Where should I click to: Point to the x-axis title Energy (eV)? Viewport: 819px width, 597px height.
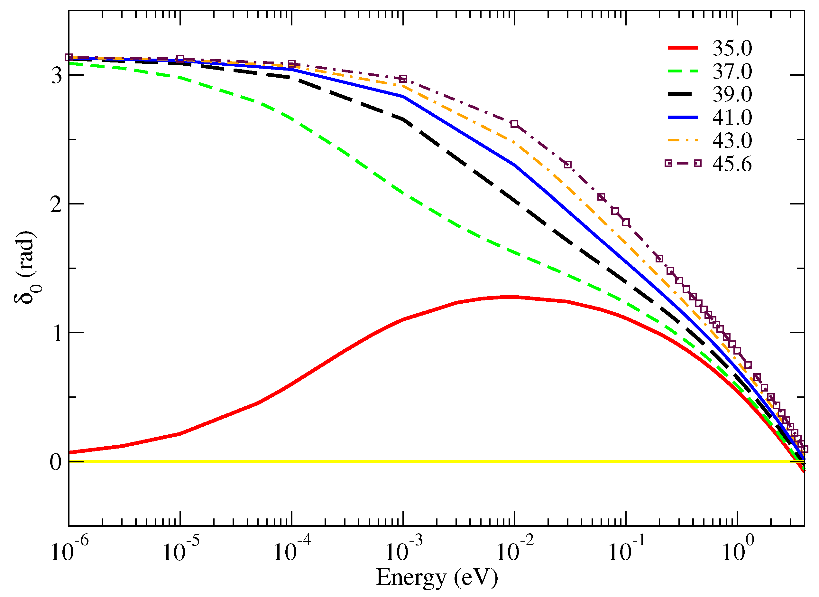pyautogui.click(x=437, y=577)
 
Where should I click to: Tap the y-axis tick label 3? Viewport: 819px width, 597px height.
pyautogui.click(x=56, y=75)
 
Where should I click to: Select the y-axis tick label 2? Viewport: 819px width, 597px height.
pyautogui.click(x=56, y=204)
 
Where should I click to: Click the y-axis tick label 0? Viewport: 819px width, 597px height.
pyautogui.click(x=56, y=462)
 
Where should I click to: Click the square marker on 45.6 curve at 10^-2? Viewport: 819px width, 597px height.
pyautogui.click(x=515, y=124)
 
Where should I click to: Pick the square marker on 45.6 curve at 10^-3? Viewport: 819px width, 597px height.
pyautogui.click(x=403, y=79)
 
